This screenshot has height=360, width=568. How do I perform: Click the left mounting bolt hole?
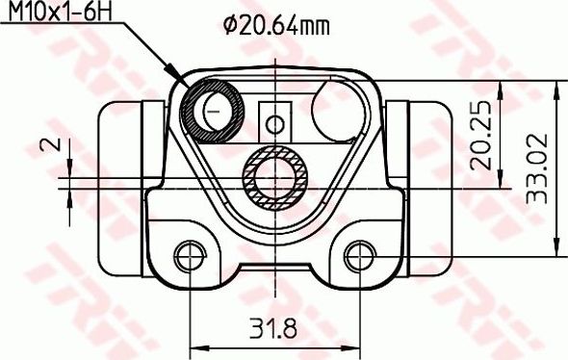[x=190, y=255]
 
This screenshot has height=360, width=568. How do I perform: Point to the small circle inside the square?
[x=275, y=123]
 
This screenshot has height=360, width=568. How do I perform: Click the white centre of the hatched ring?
[x=275, y=176]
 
